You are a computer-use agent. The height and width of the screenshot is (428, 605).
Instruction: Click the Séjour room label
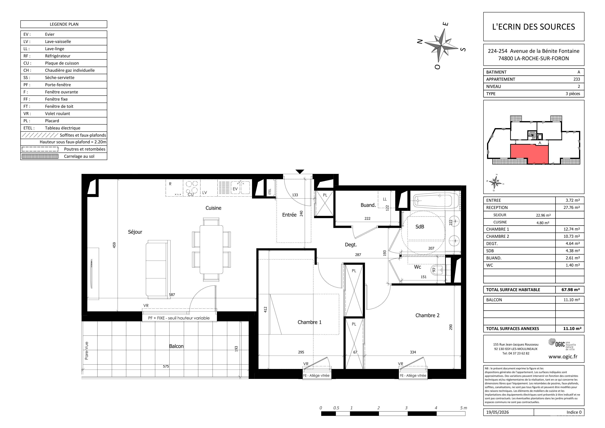[x=135, y=232]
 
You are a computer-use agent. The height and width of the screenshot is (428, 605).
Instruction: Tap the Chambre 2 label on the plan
[x=427, y=316]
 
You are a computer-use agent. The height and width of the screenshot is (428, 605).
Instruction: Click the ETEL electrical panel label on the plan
[x=269, y=192]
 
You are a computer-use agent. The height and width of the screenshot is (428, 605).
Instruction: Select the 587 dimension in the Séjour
[x=172, y=295]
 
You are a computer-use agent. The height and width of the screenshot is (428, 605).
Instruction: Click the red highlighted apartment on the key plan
[x=529, y=154]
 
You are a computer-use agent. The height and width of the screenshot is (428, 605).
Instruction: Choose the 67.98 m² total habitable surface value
[x=570, y=290]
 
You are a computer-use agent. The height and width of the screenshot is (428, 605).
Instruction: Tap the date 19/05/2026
[x=498, y=412]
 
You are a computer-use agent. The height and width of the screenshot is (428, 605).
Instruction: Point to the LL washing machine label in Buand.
[x=385, y=199]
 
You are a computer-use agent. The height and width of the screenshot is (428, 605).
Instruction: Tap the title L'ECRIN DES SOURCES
[x=534, y=27]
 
